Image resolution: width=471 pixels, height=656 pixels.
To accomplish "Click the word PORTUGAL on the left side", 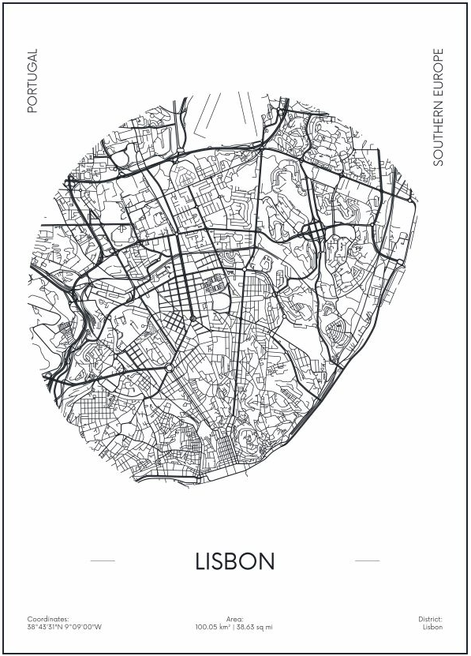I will (x=32, y=81).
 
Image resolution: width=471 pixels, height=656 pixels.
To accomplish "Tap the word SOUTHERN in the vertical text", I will (x=439, y=133).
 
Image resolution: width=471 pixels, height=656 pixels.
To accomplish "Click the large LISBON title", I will (x=235, y=561).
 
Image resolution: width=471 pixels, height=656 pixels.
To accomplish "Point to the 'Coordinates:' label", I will (x=48, y=619).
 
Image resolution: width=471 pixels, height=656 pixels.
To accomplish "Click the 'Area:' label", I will (x=235, y=619).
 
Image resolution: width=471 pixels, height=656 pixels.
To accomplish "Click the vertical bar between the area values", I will (x=234, y=627).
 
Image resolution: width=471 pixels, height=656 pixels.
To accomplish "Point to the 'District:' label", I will (x=431, y=619).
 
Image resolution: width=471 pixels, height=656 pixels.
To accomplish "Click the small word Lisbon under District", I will (x=433, y=627).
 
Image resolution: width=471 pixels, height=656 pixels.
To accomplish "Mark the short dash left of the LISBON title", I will (x=103, y=561).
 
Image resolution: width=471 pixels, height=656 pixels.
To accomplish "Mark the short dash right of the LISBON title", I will (x=368, y=561).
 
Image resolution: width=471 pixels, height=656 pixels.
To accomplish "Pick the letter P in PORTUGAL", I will (x=32, y=109).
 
